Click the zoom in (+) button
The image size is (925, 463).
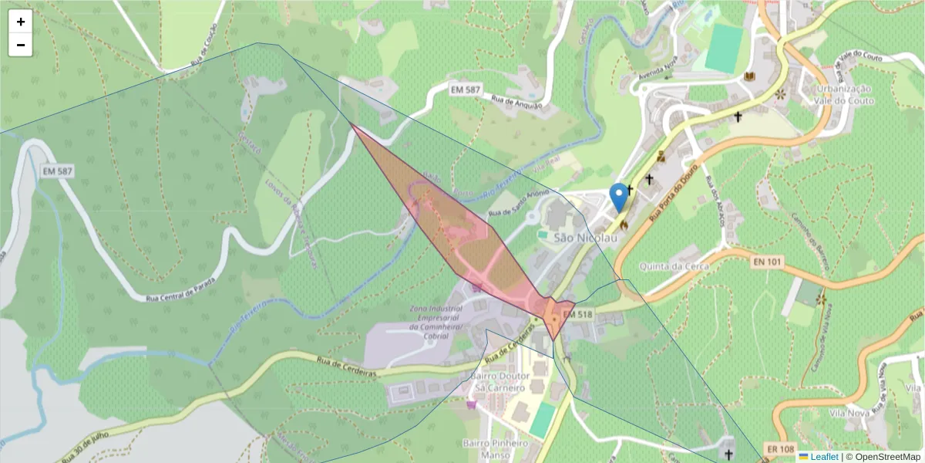pos(21,22)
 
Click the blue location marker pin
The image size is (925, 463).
pos(618,197)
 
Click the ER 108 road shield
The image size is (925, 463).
pos(779,448)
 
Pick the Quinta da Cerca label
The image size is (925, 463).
pos(679,266)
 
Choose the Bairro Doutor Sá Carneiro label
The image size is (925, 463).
pos(497,381)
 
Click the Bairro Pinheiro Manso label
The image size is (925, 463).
pos(496,449)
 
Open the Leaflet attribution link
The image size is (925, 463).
pos(824,457)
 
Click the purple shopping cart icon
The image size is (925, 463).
pos(471,404)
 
